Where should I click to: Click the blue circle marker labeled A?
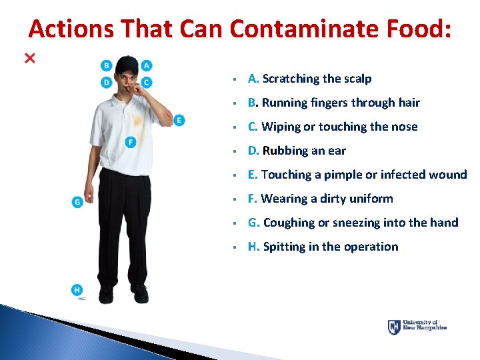coord(147,65)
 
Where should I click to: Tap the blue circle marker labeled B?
coord(107,65)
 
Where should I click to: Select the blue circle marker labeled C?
coord(147,82)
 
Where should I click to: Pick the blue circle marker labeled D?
coord(107,82)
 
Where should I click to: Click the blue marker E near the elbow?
coord(179,120)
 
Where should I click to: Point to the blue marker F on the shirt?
coord(131,142)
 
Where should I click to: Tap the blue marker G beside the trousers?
coord(77,201)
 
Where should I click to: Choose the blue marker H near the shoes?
coord(77,290)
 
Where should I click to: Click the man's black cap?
coord(126,65)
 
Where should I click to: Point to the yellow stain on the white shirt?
coord(137,122)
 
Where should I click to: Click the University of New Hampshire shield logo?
coord(394,327)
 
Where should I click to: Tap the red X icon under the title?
coord(29,59)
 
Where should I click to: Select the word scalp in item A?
coord(358,79)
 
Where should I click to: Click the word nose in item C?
coord(405,127)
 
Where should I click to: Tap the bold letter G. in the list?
coord(254,223)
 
